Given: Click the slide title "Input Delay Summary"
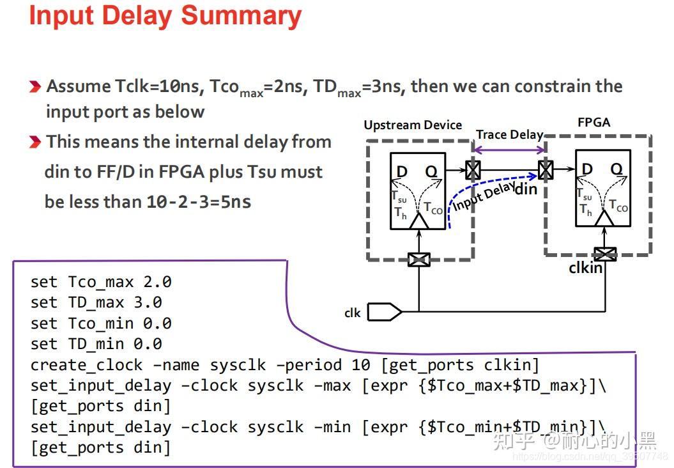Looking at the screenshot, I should pyautogui.click(x=165, y=17).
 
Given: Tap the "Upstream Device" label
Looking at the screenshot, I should pyautogui.click(x=412, y=125).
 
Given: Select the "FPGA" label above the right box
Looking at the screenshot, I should pyautogui.click(x=594, y=122).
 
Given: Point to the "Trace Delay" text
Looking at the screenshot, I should pyautogui.click(x=509, y=134).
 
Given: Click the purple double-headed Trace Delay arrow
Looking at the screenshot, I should pyautogui.click(x=509, y=150).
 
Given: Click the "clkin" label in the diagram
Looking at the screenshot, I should pyautogui.click(x=585, y=268).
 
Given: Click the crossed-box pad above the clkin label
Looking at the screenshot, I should pyautogui.click(x=604, y=253).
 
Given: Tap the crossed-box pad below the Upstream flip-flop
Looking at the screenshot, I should pyautogui.click(x=418, y=259).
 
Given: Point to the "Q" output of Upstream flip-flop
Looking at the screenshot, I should pyautogui.click(x=432, y=171).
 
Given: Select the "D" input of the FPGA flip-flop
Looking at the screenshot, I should pyautogui.click(x=586, y=169).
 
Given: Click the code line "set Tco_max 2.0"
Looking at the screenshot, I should pyautogui.click(x=101, y=282).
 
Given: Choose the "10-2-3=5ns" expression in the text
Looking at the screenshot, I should pyautogui.click(x=199, y=202).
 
